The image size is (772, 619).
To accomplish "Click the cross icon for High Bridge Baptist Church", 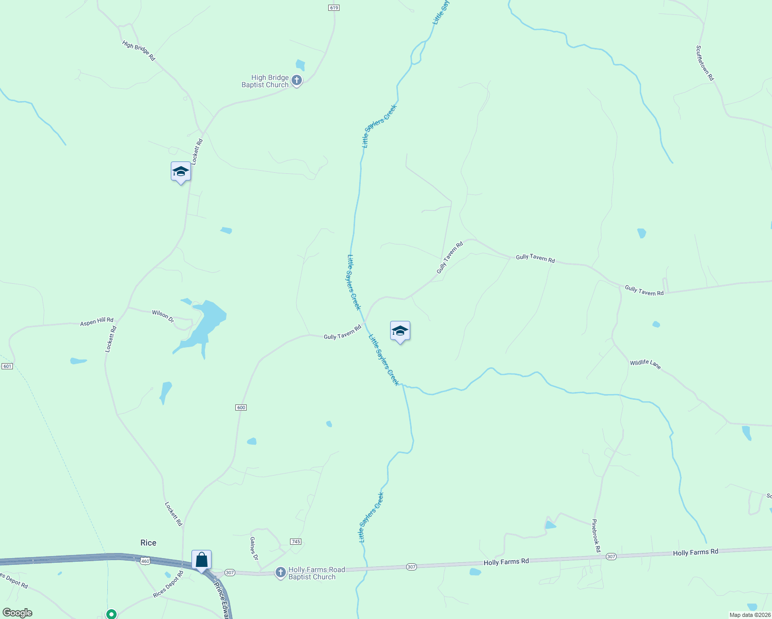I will [296, 80].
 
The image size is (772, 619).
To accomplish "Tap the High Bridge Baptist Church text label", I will [266, 82].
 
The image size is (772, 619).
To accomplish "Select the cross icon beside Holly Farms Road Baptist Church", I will [280, 573].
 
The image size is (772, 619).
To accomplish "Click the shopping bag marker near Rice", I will [201, 560].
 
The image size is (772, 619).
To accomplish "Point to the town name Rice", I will [148, 543].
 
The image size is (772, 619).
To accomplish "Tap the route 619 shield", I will [333, 8].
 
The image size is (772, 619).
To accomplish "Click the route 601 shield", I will [7, 366].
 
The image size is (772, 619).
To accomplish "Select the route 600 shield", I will [241, 408].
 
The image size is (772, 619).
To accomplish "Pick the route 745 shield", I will [296, 542].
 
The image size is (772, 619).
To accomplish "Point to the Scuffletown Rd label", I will [705, 63].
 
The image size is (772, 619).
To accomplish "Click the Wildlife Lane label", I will [645, 364].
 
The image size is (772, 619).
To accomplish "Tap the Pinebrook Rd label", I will [597, 536].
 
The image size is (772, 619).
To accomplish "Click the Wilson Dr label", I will [163, 315].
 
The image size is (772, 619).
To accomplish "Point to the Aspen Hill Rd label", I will [96, 322].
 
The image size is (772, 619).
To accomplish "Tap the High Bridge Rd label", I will [139, 51].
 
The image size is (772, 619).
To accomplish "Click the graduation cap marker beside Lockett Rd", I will [181, 172].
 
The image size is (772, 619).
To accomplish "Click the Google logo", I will [18, 613].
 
